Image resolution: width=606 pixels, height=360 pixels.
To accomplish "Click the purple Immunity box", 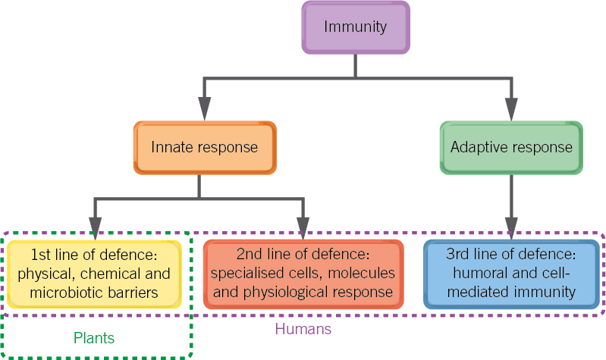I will click(x=356, y=28).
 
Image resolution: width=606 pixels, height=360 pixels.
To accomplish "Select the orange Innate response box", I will click(x=204, y=148).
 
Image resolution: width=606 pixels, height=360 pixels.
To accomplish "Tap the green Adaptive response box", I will click(x=511, y=146).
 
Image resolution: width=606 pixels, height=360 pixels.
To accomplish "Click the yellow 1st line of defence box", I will click(x=94, y=273).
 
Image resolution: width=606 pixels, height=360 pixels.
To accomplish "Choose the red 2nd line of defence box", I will click(x=303, y=273).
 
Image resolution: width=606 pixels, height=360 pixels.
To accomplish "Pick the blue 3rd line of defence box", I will click(x=511, y=273).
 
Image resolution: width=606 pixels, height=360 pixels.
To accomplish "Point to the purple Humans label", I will click(x=303, y=330).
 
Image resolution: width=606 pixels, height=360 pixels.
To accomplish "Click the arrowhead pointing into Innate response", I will click(x=204, y=110).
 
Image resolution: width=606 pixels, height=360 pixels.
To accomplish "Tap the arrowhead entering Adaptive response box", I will click(x=511, y=110).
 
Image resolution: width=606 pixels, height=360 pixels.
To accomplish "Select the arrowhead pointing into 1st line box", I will click(x=95, y=228).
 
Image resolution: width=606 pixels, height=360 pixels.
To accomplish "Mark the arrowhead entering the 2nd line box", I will click(x=303, y=228).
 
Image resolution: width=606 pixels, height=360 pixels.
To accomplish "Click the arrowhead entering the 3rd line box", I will click(x=511, y=228).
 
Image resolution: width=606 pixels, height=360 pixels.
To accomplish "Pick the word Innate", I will click(x=172, y=148).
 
